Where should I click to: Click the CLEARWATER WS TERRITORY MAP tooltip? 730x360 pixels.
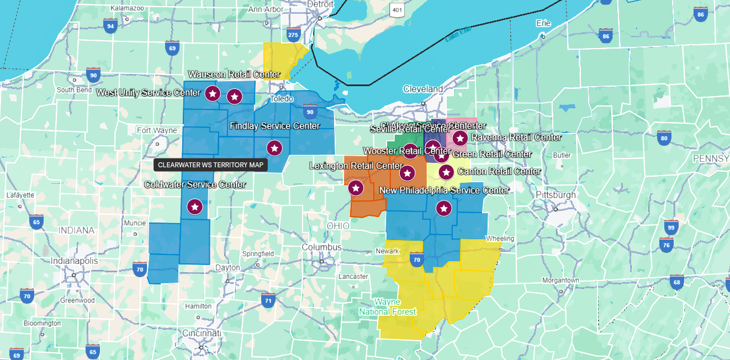click(210, 165)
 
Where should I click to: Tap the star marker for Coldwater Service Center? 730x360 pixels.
click(194, 207)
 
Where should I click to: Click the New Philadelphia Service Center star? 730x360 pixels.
click(443, 209)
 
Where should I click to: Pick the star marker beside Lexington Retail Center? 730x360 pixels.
click(356, 188)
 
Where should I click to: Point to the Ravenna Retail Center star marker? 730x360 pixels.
click(460, 137)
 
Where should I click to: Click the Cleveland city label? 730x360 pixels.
click(423, 89)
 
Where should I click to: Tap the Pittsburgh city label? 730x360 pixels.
click(556, 195)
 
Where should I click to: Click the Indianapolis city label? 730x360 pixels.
click(74, 261)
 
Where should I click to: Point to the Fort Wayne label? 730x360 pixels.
click(157, 130)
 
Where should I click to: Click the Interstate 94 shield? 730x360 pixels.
click(110, 25)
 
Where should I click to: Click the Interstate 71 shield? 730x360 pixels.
click(268, 300)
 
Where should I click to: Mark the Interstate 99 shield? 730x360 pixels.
click(671, 227)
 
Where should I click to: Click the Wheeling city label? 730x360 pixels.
click(500, 239)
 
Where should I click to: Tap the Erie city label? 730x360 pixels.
click(543, 23)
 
